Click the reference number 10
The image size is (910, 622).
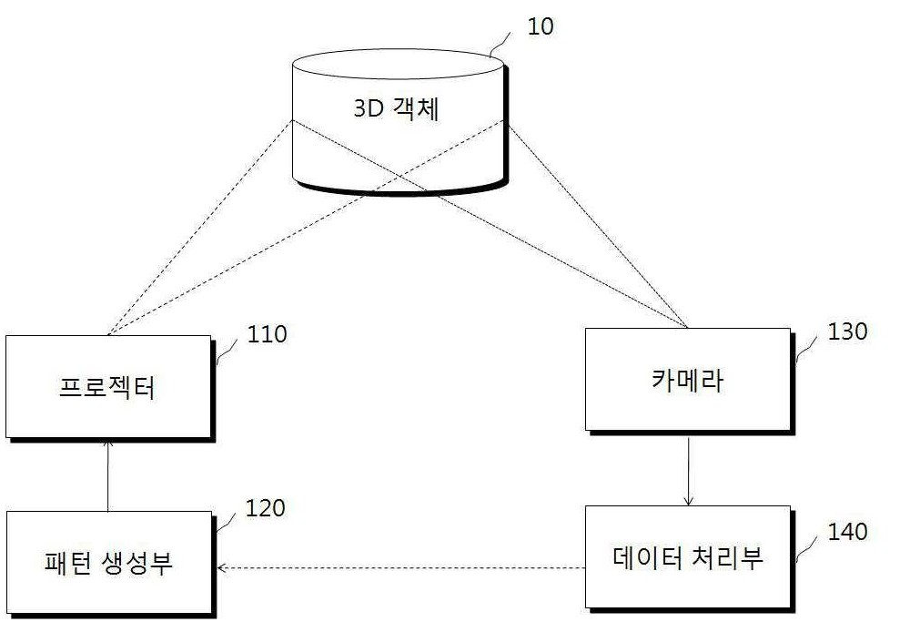(x=540, y=26)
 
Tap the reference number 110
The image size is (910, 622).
(x=267, y=334)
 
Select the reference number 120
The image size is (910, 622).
(x=266, y=508)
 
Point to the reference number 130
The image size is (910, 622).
(x=847, y=331)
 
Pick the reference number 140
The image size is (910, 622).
(x=847, y=532)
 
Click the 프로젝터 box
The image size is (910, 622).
(x=108, y=387)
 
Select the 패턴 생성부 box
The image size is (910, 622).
(x=108, y=562)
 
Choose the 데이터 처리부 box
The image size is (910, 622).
(x=688, y=557)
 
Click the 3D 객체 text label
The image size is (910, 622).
(x=397, y=108)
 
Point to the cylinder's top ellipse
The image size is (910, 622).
(x=398, y=64)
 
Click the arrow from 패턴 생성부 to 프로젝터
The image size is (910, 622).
(x=108, y=475)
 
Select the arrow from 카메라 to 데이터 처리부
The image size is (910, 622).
(x=688, y=471)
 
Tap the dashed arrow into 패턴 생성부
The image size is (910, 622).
(x=400, y=567)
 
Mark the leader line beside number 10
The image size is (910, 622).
(x=500, y=44)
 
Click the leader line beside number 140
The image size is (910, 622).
(x=806, y=548)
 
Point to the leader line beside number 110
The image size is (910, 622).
(x=227, y=352)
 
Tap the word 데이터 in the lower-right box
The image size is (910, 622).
(x=647, y=557)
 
